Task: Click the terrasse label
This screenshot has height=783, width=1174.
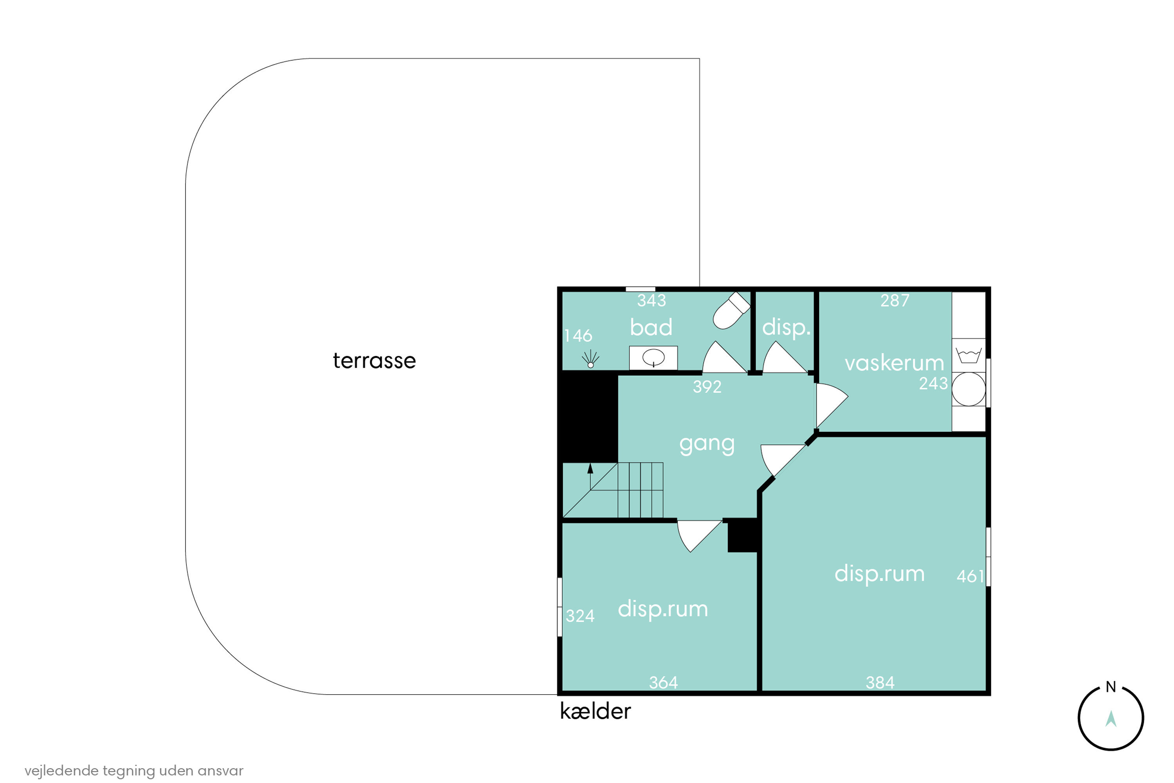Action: click(x=375, y=361)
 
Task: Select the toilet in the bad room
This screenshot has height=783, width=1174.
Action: click(x=731, y=310)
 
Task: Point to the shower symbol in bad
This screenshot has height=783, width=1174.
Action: click(x=591, y=359)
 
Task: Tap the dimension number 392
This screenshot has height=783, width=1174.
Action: click(x=707, y=386)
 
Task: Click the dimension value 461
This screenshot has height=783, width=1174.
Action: click(x=970, y=577)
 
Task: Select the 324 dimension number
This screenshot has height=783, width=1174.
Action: click(x=580, y=616)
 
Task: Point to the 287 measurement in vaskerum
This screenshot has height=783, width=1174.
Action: click(x=895, y=301)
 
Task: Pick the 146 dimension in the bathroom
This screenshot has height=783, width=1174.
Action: click(x=578, y=336)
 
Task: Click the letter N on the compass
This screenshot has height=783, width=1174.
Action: click(x=1111, y=687)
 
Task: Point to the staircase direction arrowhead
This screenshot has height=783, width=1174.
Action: click(x=590, y=468)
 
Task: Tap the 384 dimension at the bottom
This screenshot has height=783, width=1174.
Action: click(x=880, y=683)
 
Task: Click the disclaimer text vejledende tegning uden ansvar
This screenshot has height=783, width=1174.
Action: click(x=134, y=770)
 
